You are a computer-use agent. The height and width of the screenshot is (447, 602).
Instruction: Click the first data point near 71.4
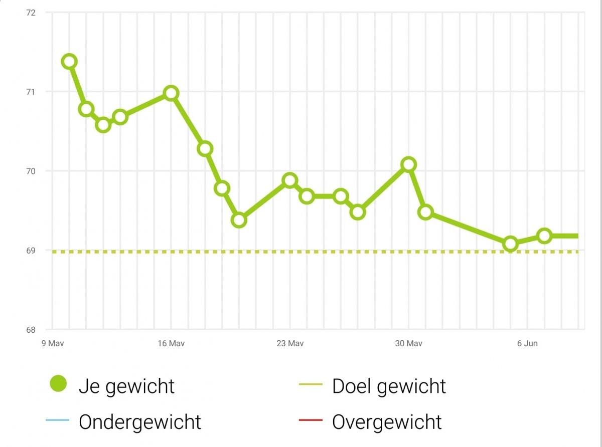69,61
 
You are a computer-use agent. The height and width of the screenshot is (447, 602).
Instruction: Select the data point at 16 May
171,93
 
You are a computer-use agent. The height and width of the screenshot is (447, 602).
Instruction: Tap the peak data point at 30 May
409,164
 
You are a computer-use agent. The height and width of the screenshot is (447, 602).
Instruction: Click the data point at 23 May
290,180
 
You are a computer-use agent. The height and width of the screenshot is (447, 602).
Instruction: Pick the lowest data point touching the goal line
511,244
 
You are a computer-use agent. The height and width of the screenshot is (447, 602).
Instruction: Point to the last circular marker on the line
544,236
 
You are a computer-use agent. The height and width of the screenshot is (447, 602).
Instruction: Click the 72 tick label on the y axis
30,12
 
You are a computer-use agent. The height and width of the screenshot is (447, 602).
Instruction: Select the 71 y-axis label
30,92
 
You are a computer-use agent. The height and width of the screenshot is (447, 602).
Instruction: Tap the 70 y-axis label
30,171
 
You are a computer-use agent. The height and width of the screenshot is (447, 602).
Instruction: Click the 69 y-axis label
30,250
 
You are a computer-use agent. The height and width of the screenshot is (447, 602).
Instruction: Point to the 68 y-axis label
30,329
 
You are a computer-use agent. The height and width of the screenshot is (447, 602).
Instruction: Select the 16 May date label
171,343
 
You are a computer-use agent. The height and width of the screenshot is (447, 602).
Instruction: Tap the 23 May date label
290,343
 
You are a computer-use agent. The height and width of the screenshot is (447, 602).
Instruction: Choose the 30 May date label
408,343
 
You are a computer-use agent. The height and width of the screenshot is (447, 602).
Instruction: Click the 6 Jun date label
527,343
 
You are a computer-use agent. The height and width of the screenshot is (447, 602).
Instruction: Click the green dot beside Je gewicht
58,385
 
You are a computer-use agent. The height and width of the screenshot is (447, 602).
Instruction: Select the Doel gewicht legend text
389,386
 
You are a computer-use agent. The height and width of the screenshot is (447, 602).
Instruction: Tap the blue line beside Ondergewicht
57,422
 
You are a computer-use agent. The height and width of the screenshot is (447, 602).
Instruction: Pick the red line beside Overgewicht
311,422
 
